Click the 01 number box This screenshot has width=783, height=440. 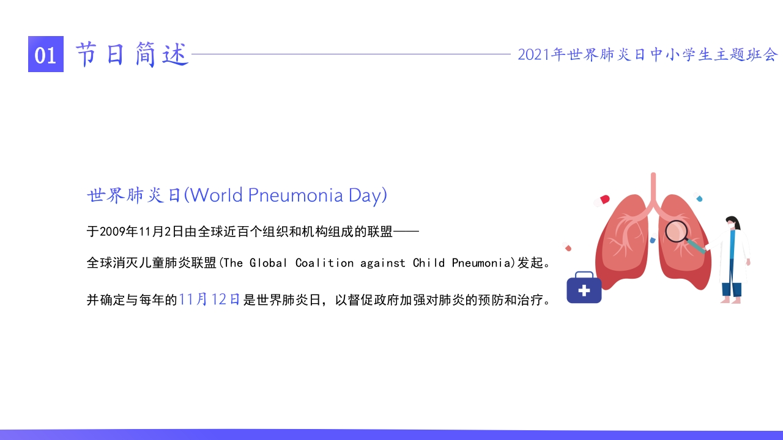click(46, 54)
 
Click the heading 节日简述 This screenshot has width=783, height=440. click(132, 54)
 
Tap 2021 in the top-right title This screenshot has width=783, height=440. click(534, 55)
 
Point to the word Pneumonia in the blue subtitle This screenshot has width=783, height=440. click(295, 196)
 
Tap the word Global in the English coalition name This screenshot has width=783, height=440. click(268, 263)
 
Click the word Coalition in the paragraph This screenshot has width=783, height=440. click(324, 263)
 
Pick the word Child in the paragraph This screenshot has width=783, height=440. click(429, 263)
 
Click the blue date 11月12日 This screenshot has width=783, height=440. click(209, 299)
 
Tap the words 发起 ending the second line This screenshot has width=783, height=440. click(530, 263)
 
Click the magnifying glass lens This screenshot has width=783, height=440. click(676, 231)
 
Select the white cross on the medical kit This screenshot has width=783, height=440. click(584, 290)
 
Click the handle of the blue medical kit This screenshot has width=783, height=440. click(584, 275)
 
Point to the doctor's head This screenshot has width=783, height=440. click(733, 224)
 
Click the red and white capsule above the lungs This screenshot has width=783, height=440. click(601, 201)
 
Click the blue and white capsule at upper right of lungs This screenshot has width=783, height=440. click(698, 197)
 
